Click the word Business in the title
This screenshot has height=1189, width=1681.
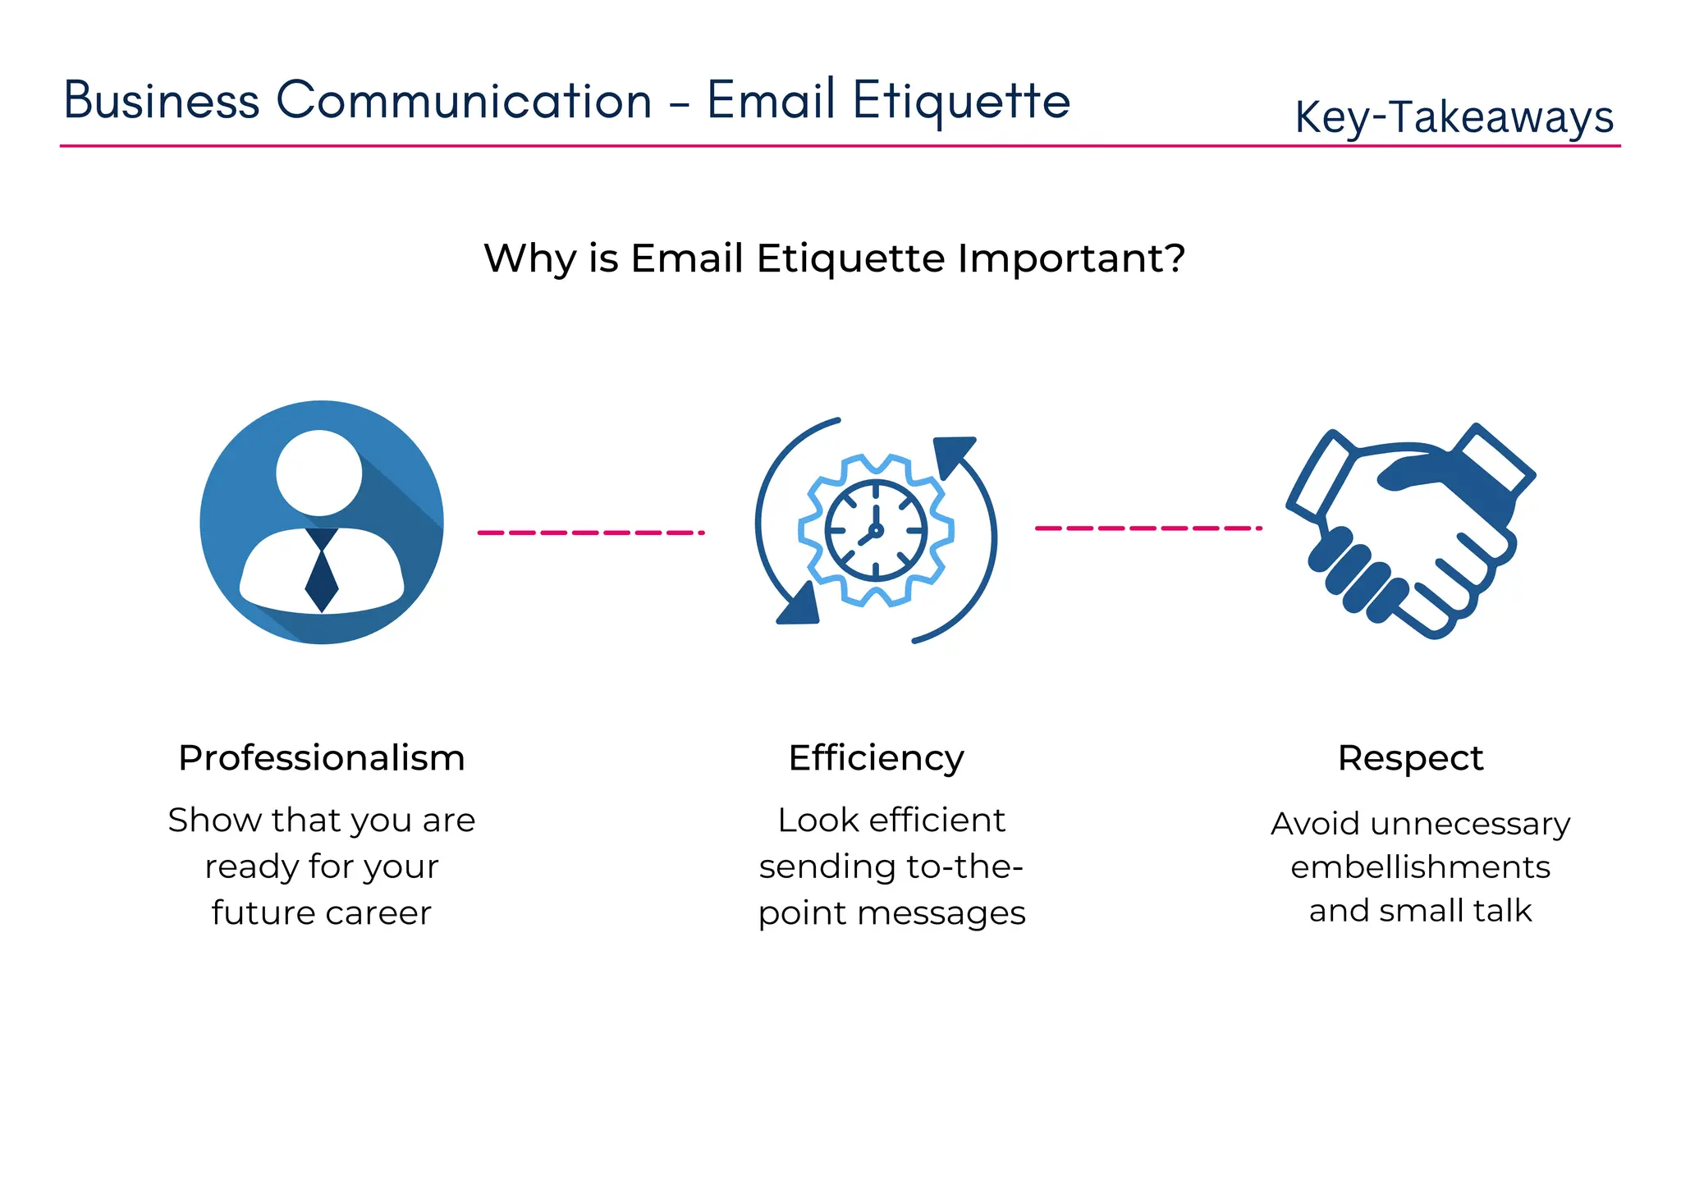pyautogui.click(x=162, y=101)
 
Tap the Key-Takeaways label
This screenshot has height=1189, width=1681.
pyautogui.click(x=1454, y=117)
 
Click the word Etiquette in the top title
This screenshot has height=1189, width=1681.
pyautogui.click(x=961, y=101)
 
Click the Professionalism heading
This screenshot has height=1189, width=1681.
pyautogui.click(x=322, y=757)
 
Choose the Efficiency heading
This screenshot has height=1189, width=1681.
pyautogui.click(x=876, y=757)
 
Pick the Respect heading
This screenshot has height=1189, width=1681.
pyautogui.click(x=1410, y=757)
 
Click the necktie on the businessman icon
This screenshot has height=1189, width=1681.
pyautogui.click(x=322, y=574)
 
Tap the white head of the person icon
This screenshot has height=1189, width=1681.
pyautogui.click(x=319, y=473)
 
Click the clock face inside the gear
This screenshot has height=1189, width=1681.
pyautogui.click(x=876, y=531)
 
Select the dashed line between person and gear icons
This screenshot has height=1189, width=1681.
pyautogui.click(x=591, y=533)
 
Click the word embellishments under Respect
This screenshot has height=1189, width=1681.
pyautogui.click(x=1420, y=867)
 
